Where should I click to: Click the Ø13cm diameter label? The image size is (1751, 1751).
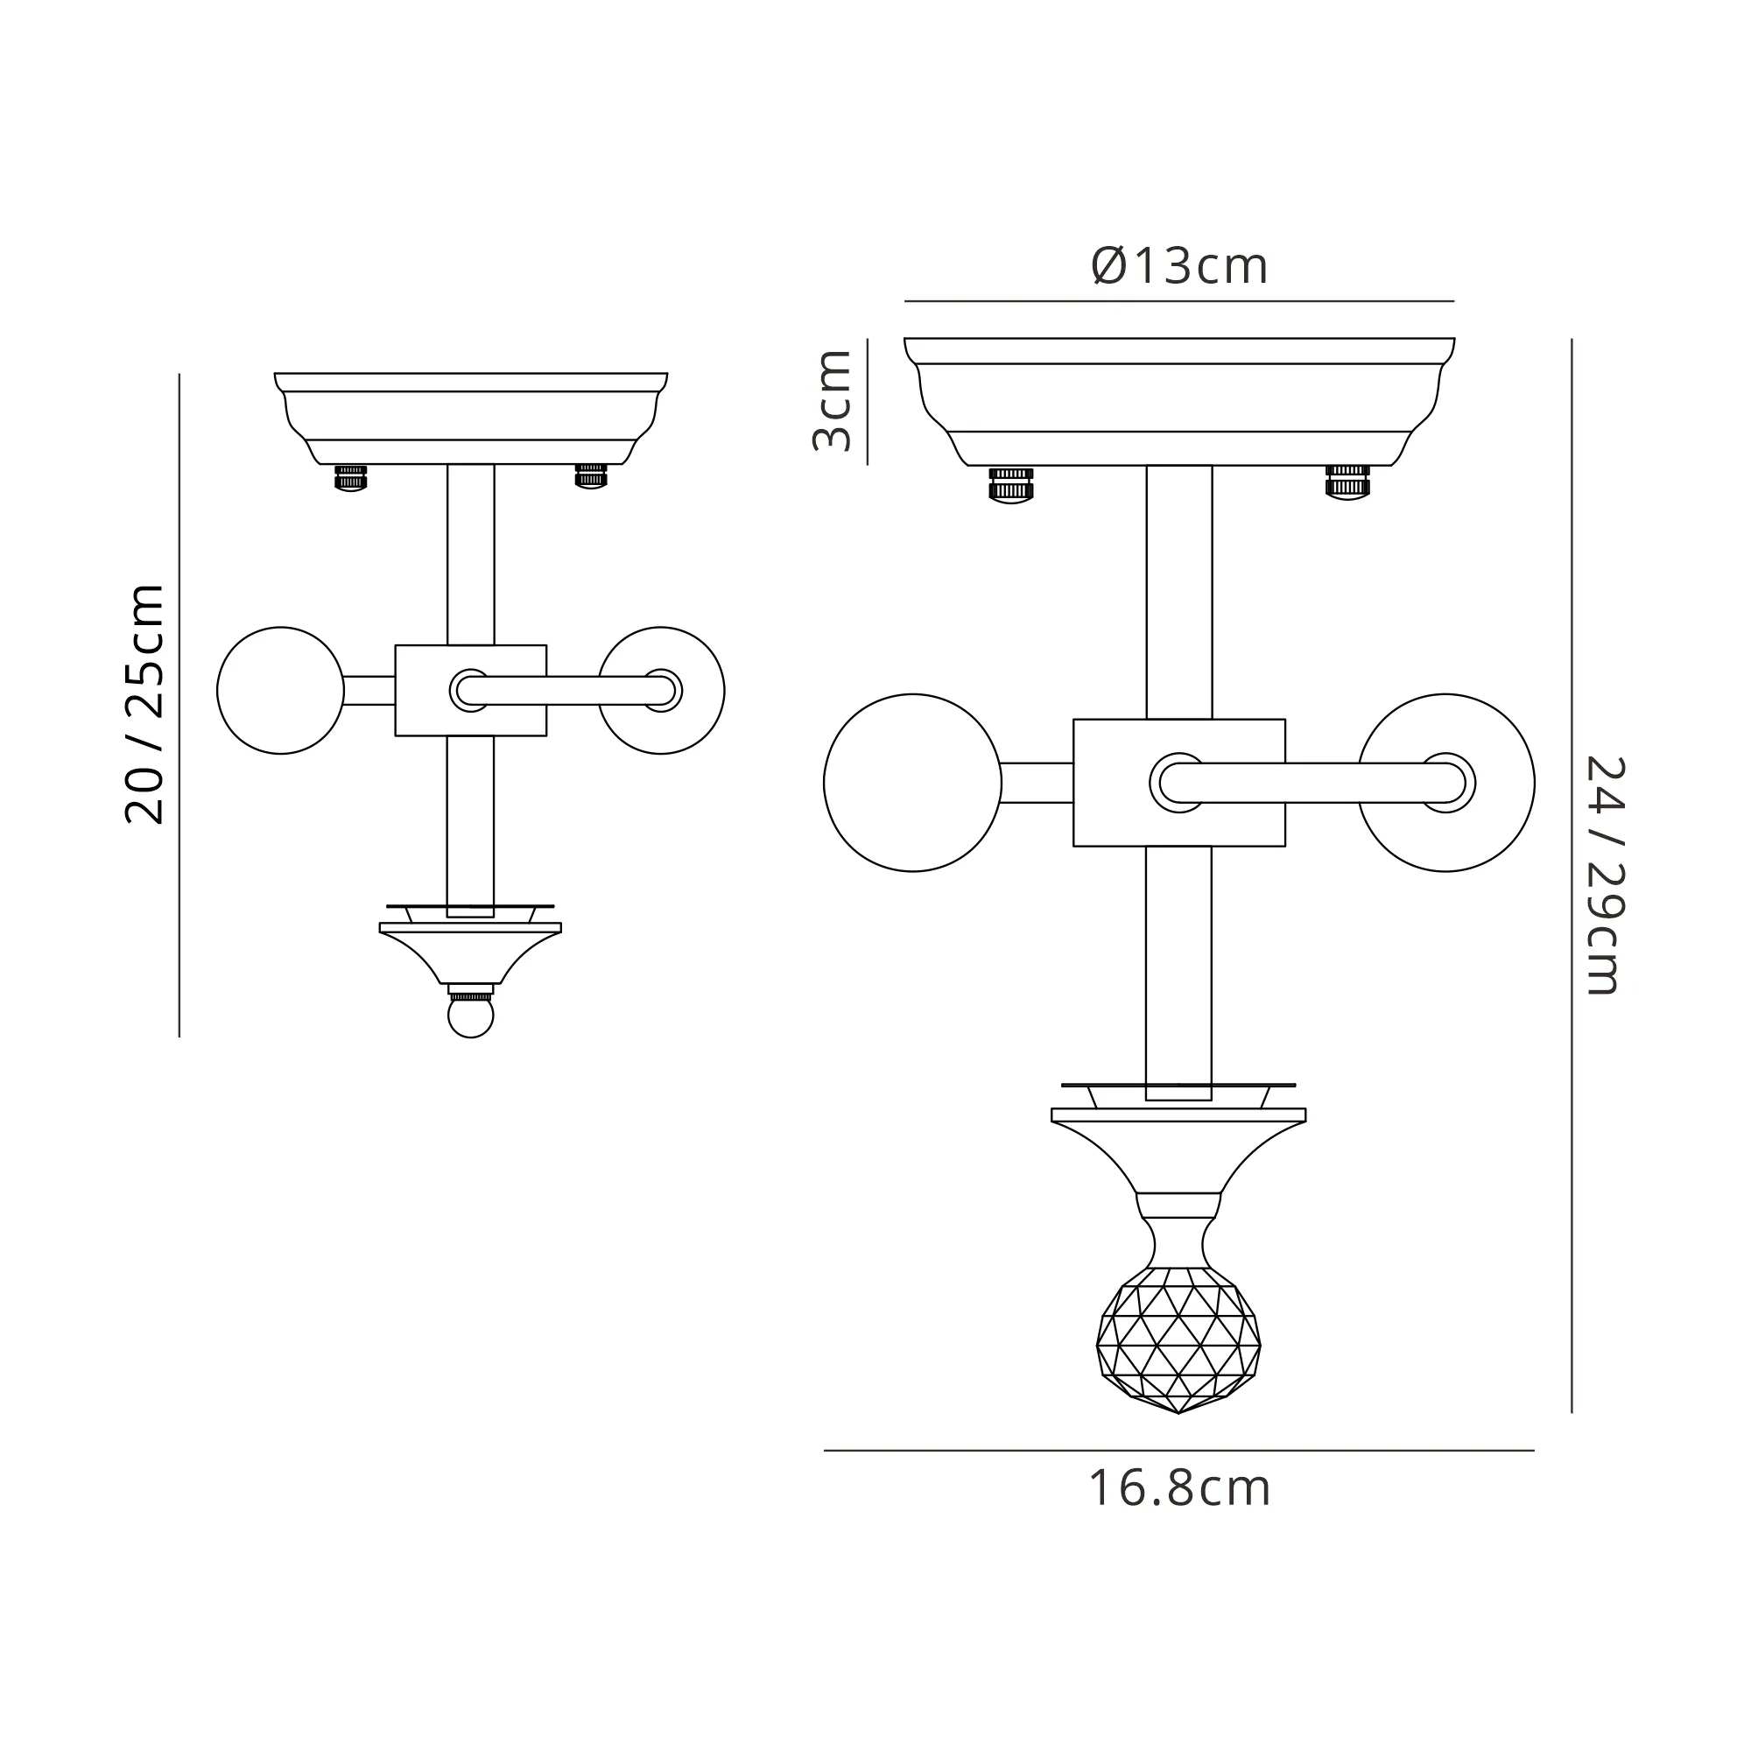[1179, 266]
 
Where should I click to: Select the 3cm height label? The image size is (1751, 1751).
[832, 401]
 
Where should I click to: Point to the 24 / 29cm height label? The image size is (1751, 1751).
[1604, 876]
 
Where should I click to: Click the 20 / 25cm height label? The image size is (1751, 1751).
[145, 704]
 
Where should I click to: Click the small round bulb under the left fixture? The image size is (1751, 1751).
[470, 1016]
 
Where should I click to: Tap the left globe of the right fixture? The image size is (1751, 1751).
[912, 782]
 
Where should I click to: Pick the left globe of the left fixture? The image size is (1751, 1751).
[281, 690]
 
